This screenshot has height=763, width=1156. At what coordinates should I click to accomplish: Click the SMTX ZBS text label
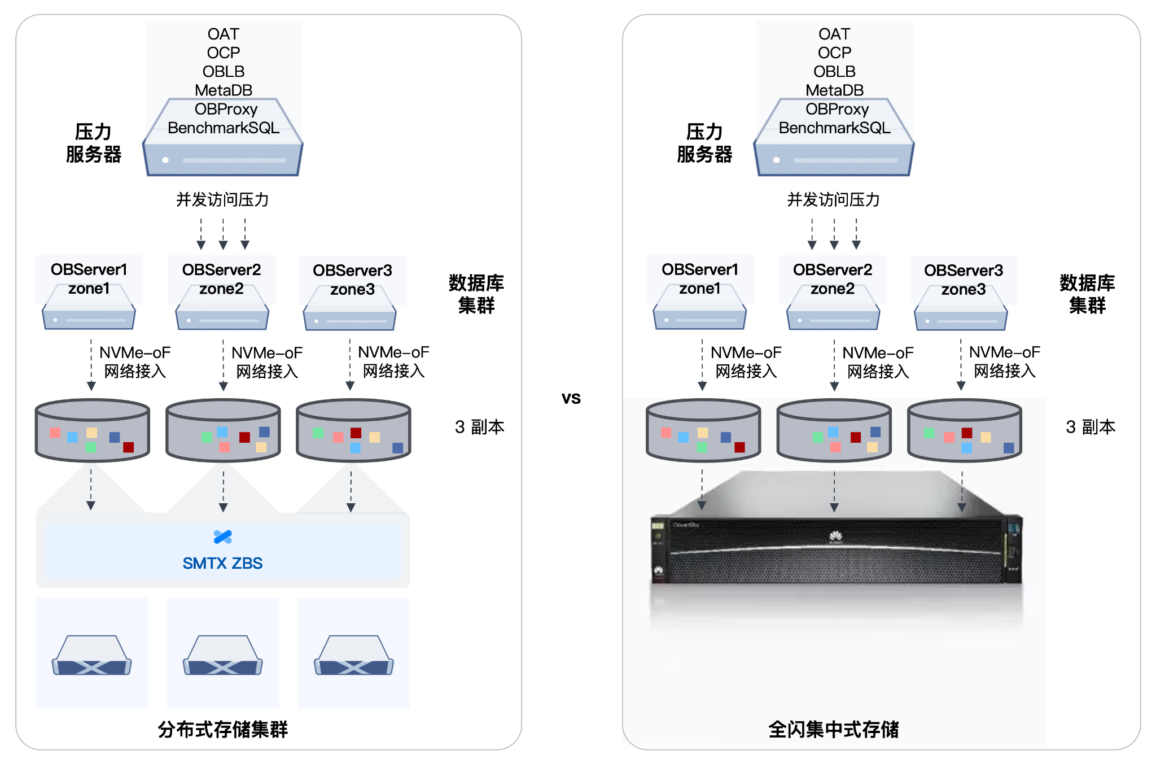[x=222, y=563]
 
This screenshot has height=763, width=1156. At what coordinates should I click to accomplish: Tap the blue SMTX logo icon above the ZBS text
[x=223, y=537]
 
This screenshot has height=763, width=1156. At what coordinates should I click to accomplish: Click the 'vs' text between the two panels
[x=571, y=398]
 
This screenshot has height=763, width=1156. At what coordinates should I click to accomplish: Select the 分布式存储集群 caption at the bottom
[x=222, y=729]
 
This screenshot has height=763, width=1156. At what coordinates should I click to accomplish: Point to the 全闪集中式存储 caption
[x=834, y=729]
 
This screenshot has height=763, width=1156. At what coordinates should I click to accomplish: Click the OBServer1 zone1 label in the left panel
[x=89, y=279]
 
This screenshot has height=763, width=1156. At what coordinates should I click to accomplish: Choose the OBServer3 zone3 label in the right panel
[x=964, y=280]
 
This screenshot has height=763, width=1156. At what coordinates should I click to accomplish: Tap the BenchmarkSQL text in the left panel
[x=224, y=128]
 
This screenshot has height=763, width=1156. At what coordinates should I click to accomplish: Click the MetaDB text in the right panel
[x=834, y=90]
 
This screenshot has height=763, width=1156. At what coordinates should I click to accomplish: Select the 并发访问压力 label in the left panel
[x=222, y=199]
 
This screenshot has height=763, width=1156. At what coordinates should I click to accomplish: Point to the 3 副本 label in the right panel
[x=1091, y=427]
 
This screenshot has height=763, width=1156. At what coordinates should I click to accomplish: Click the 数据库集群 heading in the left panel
[x=476, y=294]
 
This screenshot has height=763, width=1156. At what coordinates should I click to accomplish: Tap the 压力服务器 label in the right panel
[x=704, y=143]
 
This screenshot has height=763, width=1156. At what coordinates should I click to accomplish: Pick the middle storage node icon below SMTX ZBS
[x=223, y=655]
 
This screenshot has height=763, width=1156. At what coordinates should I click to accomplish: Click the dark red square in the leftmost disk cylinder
[x=128, y=447]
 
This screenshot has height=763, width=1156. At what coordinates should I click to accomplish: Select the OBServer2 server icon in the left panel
[x=222, y=307]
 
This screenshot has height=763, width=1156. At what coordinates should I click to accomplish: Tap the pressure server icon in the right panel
[x=834, y=137]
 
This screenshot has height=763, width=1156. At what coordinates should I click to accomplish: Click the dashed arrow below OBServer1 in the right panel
[x=702, y=365]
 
